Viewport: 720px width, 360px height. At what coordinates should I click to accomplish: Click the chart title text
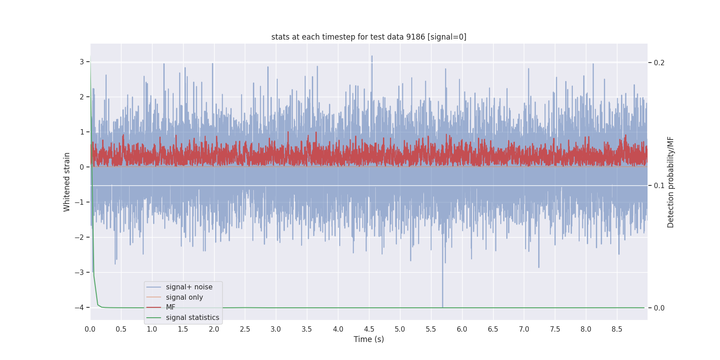369,37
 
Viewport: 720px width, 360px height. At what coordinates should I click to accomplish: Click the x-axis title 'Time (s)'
369,339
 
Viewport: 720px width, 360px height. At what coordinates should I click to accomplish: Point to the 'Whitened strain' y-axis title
67,182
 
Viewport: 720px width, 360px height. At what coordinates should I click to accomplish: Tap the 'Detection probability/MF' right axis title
670,182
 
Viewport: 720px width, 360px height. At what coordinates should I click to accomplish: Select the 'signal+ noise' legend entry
189,287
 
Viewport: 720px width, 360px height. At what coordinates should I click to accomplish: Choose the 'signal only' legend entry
184,297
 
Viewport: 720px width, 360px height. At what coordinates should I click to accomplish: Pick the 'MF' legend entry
171,307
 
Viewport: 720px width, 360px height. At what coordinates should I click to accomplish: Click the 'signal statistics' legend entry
192,318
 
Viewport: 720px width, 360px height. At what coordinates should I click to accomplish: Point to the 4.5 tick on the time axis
369,329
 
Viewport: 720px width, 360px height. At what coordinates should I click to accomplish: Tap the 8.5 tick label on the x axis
617,329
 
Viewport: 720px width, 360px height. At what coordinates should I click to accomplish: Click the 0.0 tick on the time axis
90,329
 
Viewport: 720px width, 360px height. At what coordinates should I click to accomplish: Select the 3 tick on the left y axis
82,62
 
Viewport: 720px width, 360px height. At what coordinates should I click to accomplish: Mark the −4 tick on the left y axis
79,308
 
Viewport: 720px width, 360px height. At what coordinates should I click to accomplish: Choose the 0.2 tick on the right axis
659,63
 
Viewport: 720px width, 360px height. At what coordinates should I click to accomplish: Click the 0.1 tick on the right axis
659,185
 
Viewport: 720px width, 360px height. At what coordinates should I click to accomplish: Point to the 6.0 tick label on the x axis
462,329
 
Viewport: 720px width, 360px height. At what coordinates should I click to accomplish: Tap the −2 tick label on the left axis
79,238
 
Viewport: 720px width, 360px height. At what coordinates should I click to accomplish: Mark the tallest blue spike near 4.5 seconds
372,57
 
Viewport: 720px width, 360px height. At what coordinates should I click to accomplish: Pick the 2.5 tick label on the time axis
245,329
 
